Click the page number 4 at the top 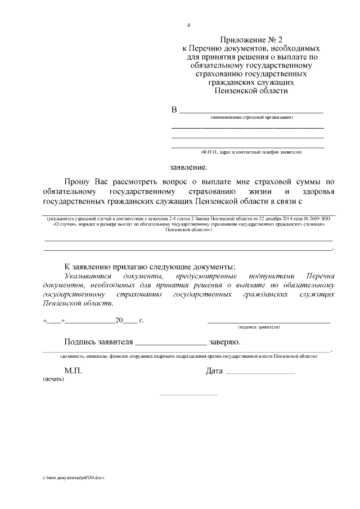[x=189, y=25]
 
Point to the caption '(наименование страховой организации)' [x=251, y=118]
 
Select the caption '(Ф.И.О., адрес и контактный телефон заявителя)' [x=251, y=152]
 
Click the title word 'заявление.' [x=188, y=167]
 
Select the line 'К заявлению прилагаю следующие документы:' [x=150, y=267]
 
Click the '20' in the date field [x=119, y=321]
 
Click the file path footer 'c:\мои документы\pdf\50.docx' [x=74, y=477]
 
